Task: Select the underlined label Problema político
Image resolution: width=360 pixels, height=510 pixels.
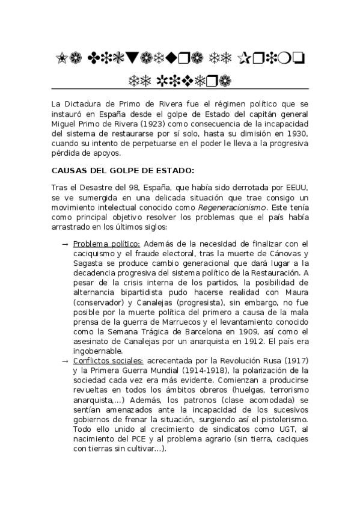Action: (106, 244)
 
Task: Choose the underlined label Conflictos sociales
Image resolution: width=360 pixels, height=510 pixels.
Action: (108, 361)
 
